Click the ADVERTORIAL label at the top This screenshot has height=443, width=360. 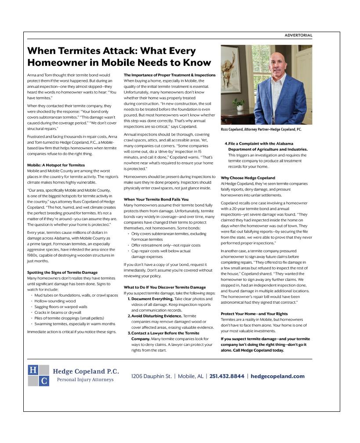(x=298, y=35)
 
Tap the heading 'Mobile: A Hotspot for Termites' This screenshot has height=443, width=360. (x=56, y=165)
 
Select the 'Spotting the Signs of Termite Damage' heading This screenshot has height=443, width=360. (x=62, y=272)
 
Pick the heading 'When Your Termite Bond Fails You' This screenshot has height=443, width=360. (x=156, y=200)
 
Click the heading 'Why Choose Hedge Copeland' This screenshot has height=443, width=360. (x=247, y=178)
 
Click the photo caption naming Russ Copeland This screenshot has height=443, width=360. (x=261, y=130)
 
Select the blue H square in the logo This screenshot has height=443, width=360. (x=33, y=370)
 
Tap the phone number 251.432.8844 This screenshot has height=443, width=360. (x=227, y=376)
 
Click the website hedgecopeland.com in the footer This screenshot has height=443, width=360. (x=277, y=376)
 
